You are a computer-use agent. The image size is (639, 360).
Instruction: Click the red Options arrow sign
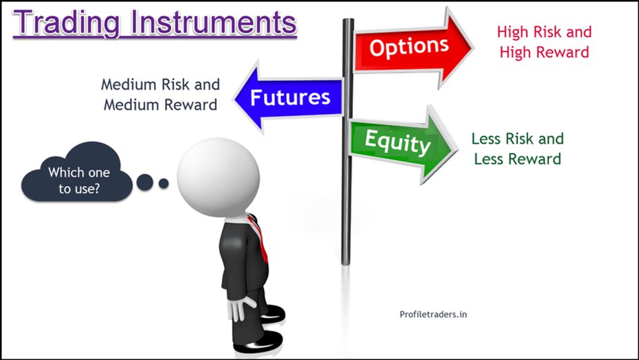pos(414,48)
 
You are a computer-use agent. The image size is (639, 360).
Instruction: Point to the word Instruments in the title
pos(214,22)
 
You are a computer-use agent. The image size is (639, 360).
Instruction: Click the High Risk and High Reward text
pos(544,41)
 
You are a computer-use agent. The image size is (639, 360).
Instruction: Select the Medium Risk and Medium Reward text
pos(160,95)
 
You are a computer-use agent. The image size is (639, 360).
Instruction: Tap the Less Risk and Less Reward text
pos(517,149)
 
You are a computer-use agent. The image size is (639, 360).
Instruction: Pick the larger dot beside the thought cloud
pos(145,182)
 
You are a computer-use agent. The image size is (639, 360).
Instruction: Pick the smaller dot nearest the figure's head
pos(164,183)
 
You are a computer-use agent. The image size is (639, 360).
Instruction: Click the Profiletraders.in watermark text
pos(435,314)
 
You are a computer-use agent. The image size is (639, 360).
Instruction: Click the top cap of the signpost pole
pos(348,22)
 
